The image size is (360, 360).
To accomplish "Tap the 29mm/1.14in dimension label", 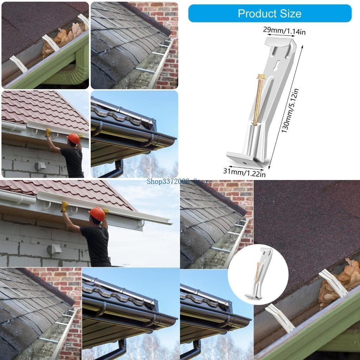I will pos(284,31).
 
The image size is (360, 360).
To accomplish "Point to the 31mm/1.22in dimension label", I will pos(244,172).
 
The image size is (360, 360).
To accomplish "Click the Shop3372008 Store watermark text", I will pos(180,181).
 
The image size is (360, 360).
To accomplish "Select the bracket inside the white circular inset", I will pos(258,274).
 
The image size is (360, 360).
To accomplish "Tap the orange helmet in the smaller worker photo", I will pos(73,138).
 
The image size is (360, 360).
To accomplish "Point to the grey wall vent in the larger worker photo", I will pos(54,250).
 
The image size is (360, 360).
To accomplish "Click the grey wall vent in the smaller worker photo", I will pos(40,166).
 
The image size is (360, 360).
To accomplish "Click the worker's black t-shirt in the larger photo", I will pos(95,244).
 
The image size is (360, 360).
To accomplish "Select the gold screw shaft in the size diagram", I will pos(257,102).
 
